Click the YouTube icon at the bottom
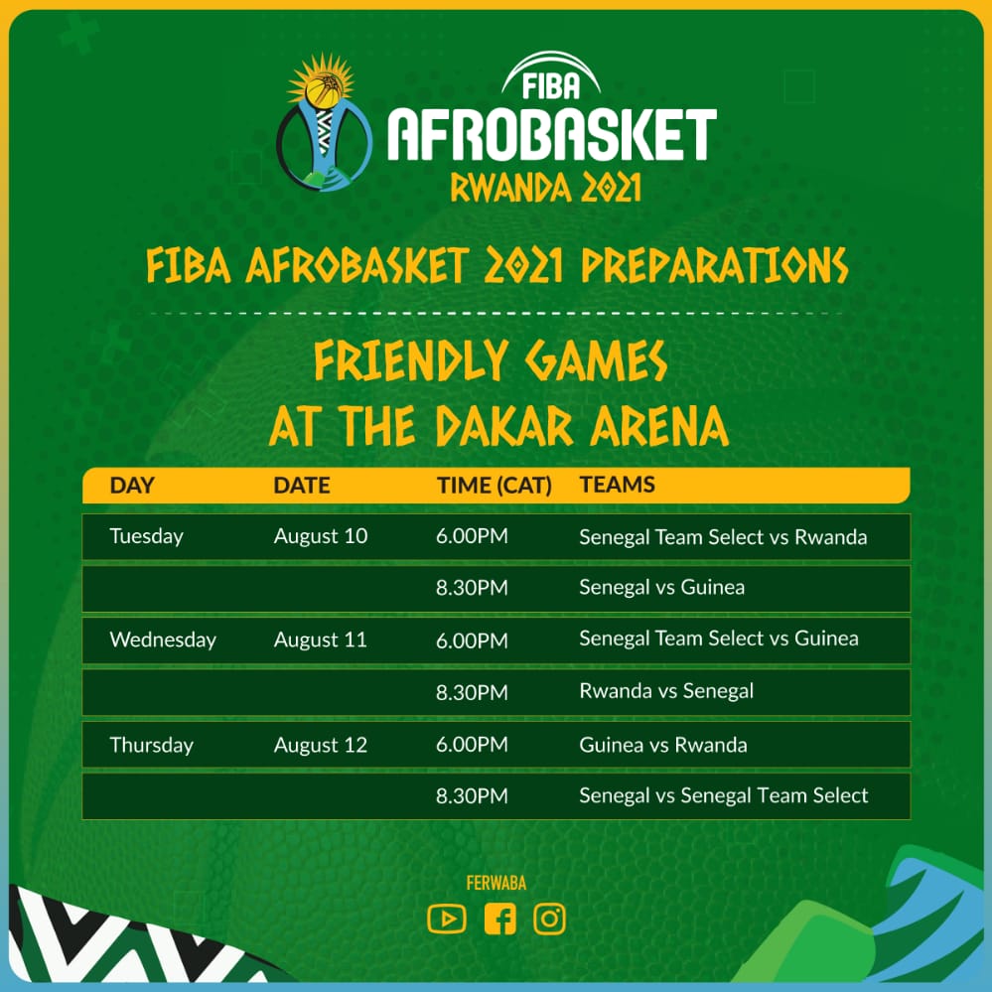(x=447, y=919)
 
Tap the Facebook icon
(x=499, y=919)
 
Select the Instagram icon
(x=549, y=919)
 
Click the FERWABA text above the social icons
(x=496, y=883)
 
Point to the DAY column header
(x=132, y=486)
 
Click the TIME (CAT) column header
(x=495, y=486)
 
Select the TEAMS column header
(x=617, y=485)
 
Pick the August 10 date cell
(x=320, y=536)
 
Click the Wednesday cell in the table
(x=163, y=639)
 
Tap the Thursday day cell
(x=151, y=745)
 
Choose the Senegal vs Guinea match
(x=661, y=587)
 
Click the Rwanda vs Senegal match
(x=666, y=691)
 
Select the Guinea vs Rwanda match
(x=663, y=745)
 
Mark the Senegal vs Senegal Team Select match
(x=724, y=795)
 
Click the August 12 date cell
(x=320, y=745)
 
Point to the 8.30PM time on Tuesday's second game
(x=472, y=588)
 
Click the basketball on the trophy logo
(x=323, y=89)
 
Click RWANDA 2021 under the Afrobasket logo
(x=545, y=188)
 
